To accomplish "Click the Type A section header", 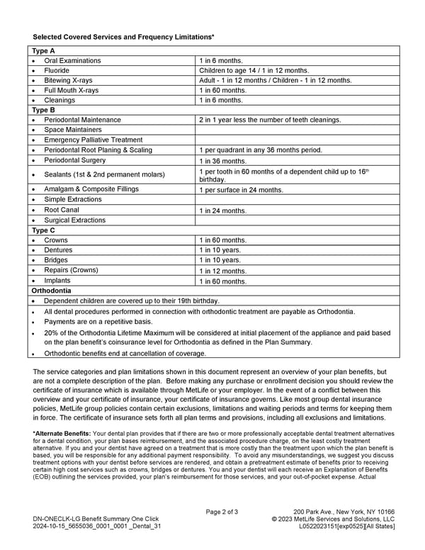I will tap(44, 51).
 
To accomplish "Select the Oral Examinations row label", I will tap(72, 61).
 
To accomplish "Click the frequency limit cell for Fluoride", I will tap(254, 71).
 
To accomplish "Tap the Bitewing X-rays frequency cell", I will tap(275, 81).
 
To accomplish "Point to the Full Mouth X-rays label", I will tap(71, 91).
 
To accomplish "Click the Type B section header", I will tap(44, 110).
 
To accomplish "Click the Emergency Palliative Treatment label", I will tap(93, 140).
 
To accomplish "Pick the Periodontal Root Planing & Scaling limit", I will tap(260, 150).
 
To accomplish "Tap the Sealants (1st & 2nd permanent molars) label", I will tap(104, 174).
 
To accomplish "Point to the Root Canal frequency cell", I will tap(222, 211).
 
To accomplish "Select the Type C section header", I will tap(44, 230).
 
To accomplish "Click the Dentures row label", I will tap(58, 250).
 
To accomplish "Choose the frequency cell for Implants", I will tap(222, 281).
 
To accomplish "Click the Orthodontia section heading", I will tap(51, 291).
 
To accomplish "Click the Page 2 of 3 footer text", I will tap(222, 512).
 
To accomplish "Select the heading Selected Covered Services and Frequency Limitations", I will tap(123, 35).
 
